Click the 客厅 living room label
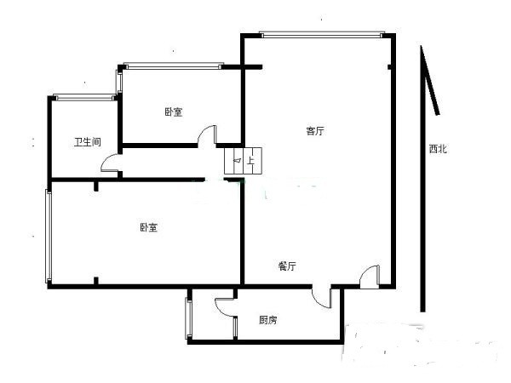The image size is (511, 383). [315, 131]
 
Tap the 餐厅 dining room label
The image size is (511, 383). [287, 266]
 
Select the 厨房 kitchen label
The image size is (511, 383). [268, 320]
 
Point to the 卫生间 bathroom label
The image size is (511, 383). [88, 142]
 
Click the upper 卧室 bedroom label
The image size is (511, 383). [174, 112]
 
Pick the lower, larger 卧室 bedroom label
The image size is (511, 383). [148, 227]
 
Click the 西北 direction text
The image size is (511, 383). [438, 149]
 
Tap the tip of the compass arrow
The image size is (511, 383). [421, 46]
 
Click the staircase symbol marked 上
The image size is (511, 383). [243, 161]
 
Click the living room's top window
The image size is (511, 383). [321, 34]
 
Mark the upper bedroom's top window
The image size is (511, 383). [174, 66]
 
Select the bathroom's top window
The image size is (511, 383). [84, 97]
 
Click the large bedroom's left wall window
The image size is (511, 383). [49, 236]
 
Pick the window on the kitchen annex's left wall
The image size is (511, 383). [189, 319]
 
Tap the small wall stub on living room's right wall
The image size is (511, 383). [389, 67]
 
